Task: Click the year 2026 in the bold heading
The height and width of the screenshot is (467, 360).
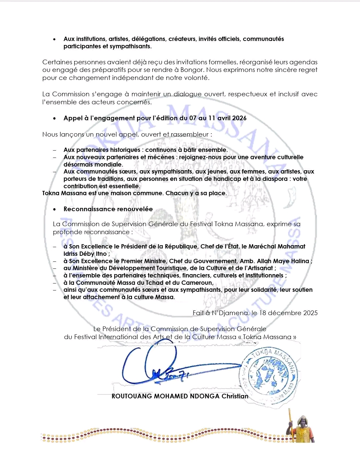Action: pos(239,118)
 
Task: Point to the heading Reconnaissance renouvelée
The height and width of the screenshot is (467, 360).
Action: pos(108,209)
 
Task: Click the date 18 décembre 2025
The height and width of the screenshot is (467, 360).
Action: pos(288,313)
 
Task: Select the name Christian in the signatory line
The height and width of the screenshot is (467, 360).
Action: pos(235,396)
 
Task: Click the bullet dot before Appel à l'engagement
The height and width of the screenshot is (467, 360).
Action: pos(55,119)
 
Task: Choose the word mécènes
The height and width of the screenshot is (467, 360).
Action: pos(161,157)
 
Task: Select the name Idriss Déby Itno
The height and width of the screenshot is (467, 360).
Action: pos(85,254)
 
